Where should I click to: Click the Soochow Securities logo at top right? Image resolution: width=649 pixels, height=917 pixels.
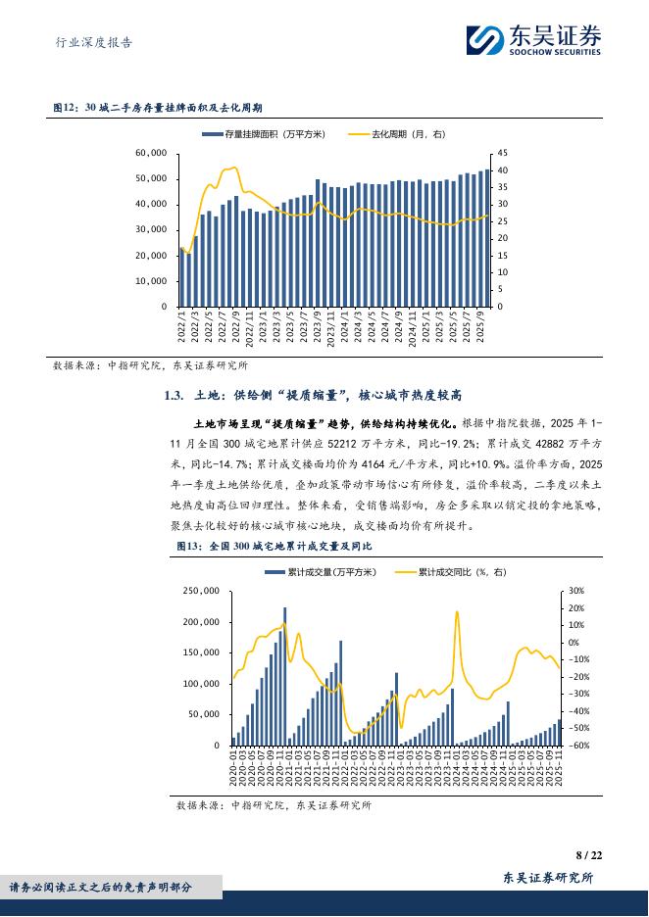534,40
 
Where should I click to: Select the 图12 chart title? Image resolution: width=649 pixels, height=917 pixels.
164,109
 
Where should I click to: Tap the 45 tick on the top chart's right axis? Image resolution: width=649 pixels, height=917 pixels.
504,154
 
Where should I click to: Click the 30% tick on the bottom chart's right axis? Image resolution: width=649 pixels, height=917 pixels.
575,591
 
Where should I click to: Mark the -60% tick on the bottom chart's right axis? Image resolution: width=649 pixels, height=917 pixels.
577,746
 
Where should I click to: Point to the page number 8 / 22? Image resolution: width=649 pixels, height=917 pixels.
589,854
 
